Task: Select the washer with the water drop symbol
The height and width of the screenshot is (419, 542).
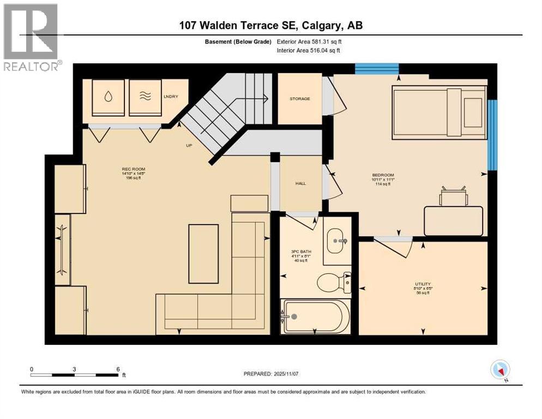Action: pyautogui.click(x=108, y=97)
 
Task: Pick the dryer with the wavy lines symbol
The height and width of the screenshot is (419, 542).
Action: pyautogui.click(x=145, y=97)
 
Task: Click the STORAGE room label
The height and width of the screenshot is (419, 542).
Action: pyautogui.click(x=299, y=99)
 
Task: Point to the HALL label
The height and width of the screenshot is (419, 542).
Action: pyautogui.click(x=300, y=183)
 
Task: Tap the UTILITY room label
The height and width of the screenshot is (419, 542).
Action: pyautogui.click(x=423, y=284)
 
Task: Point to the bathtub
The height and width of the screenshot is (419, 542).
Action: pyautogui.click(x=315, y=316)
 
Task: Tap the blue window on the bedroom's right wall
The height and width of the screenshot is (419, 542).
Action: pyautogui.click(x=492, y=134)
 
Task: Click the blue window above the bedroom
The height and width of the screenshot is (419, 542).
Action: pyautogui.click(x=377, y=69)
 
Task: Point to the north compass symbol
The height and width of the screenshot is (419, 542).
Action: pyautogui.click(x=499, y=370)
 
